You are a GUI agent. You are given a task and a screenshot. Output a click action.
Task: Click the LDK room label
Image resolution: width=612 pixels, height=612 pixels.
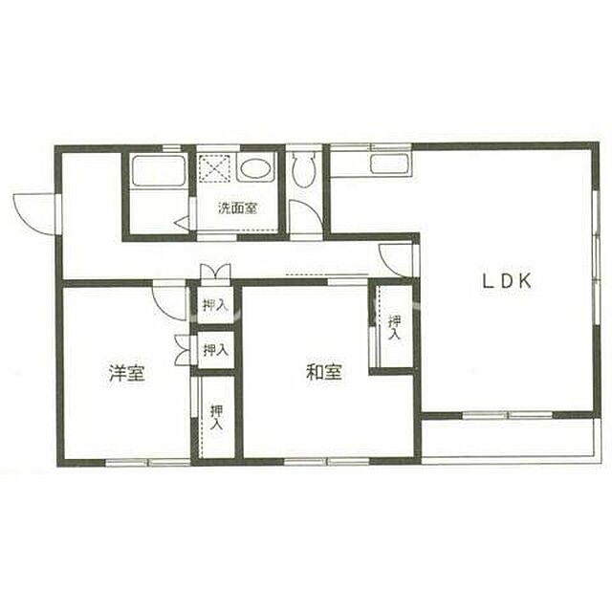[507, 281]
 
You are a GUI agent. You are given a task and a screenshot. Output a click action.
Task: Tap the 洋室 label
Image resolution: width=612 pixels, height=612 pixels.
[127, 373]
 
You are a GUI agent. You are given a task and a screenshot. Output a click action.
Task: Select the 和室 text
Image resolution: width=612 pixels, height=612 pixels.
[324, 372]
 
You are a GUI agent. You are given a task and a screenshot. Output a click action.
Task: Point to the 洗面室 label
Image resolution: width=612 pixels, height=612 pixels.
[237, 208]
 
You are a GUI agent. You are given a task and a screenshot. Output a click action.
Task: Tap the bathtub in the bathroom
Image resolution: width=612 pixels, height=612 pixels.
[159, 172]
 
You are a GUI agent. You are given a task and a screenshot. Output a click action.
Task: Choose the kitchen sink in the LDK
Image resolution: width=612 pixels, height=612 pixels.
[390, 164]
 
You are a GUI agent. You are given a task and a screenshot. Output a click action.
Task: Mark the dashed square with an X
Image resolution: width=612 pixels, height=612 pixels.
[214, 168]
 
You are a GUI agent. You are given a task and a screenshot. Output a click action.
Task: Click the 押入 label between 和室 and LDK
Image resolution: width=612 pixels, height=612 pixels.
[394, 327]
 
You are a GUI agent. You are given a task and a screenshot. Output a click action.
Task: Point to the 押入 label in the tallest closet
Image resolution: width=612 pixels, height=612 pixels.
[217, 418]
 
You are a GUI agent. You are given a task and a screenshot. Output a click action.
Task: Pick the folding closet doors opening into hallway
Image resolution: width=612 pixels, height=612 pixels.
[214, 271]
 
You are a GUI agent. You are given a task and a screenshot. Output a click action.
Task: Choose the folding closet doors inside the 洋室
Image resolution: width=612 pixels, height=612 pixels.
[183, 350]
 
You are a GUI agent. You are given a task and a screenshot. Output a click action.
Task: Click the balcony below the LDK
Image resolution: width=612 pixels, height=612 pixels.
[510, 439]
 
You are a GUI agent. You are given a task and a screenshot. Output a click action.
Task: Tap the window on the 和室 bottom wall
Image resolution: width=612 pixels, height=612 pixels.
[326, 461]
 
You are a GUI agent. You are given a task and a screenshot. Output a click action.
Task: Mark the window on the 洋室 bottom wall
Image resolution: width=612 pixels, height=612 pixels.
[148, 463]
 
